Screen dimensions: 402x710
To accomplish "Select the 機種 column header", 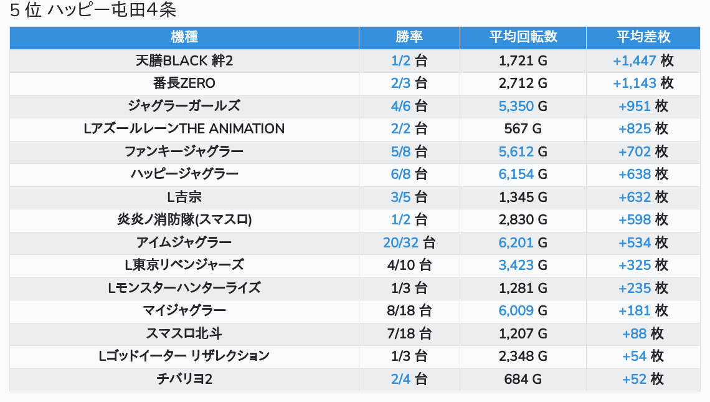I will pyautogui.click(x=184, y=37).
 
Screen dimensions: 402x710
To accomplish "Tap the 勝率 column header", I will pyautogui.click(x=409, y=37).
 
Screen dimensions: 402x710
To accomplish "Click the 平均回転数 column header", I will pyautogui.click(x=523, y=37).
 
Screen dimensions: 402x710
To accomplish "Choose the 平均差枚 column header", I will pyautogui.click(x=643, y=37).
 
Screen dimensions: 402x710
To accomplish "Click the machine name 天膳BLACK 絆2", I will pyautogui.click(x=184, y=60).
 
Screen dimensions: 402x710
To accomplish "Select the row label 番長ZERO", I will pyautogui.click(x=184, y=83).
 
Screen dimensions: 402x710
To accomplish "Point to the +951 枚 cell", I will pyautogui.click(x=643, y=106).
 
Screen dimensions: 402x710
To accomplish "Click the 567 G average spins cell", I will pyautogui.click(x=523, y=129).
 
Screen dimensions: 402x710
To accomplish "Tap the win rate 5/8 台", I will pyautogui.click(x=409, y=151).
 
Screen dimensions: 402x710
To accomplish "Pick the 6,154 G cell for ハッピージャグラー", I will pyautogui.click(x=523, y=175).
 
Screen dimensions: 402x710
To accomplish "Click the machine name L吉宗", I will pyautogui.click(x=184, y=197).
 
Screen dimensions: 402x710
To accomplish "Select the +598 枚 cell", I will pyautogui.click(x=643, y=220).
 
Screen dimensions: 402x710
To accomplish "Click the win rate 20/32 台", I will pyautogui.click(x=409, y=242).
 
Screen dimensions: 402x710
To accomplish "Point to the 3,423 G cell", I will pyautogui.click(x=523, y=265).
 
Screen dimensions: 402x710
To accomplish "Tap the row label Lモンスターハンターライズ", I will pyautogui.click(x=184, y=288).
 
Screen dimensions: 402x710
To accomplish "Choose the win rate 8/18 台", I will pyautogui.click(x=409, y=310).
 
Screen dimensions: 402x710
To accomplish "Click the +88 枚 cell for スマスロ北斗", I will pyautogui.click(x=643, y=333).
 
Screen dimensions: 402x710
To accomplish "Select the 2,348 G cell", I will pyautogui.click(x=523, y=356).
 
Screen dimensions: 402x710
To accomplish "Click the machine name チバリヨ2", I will pyautogui.click(x=184, y=379).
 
